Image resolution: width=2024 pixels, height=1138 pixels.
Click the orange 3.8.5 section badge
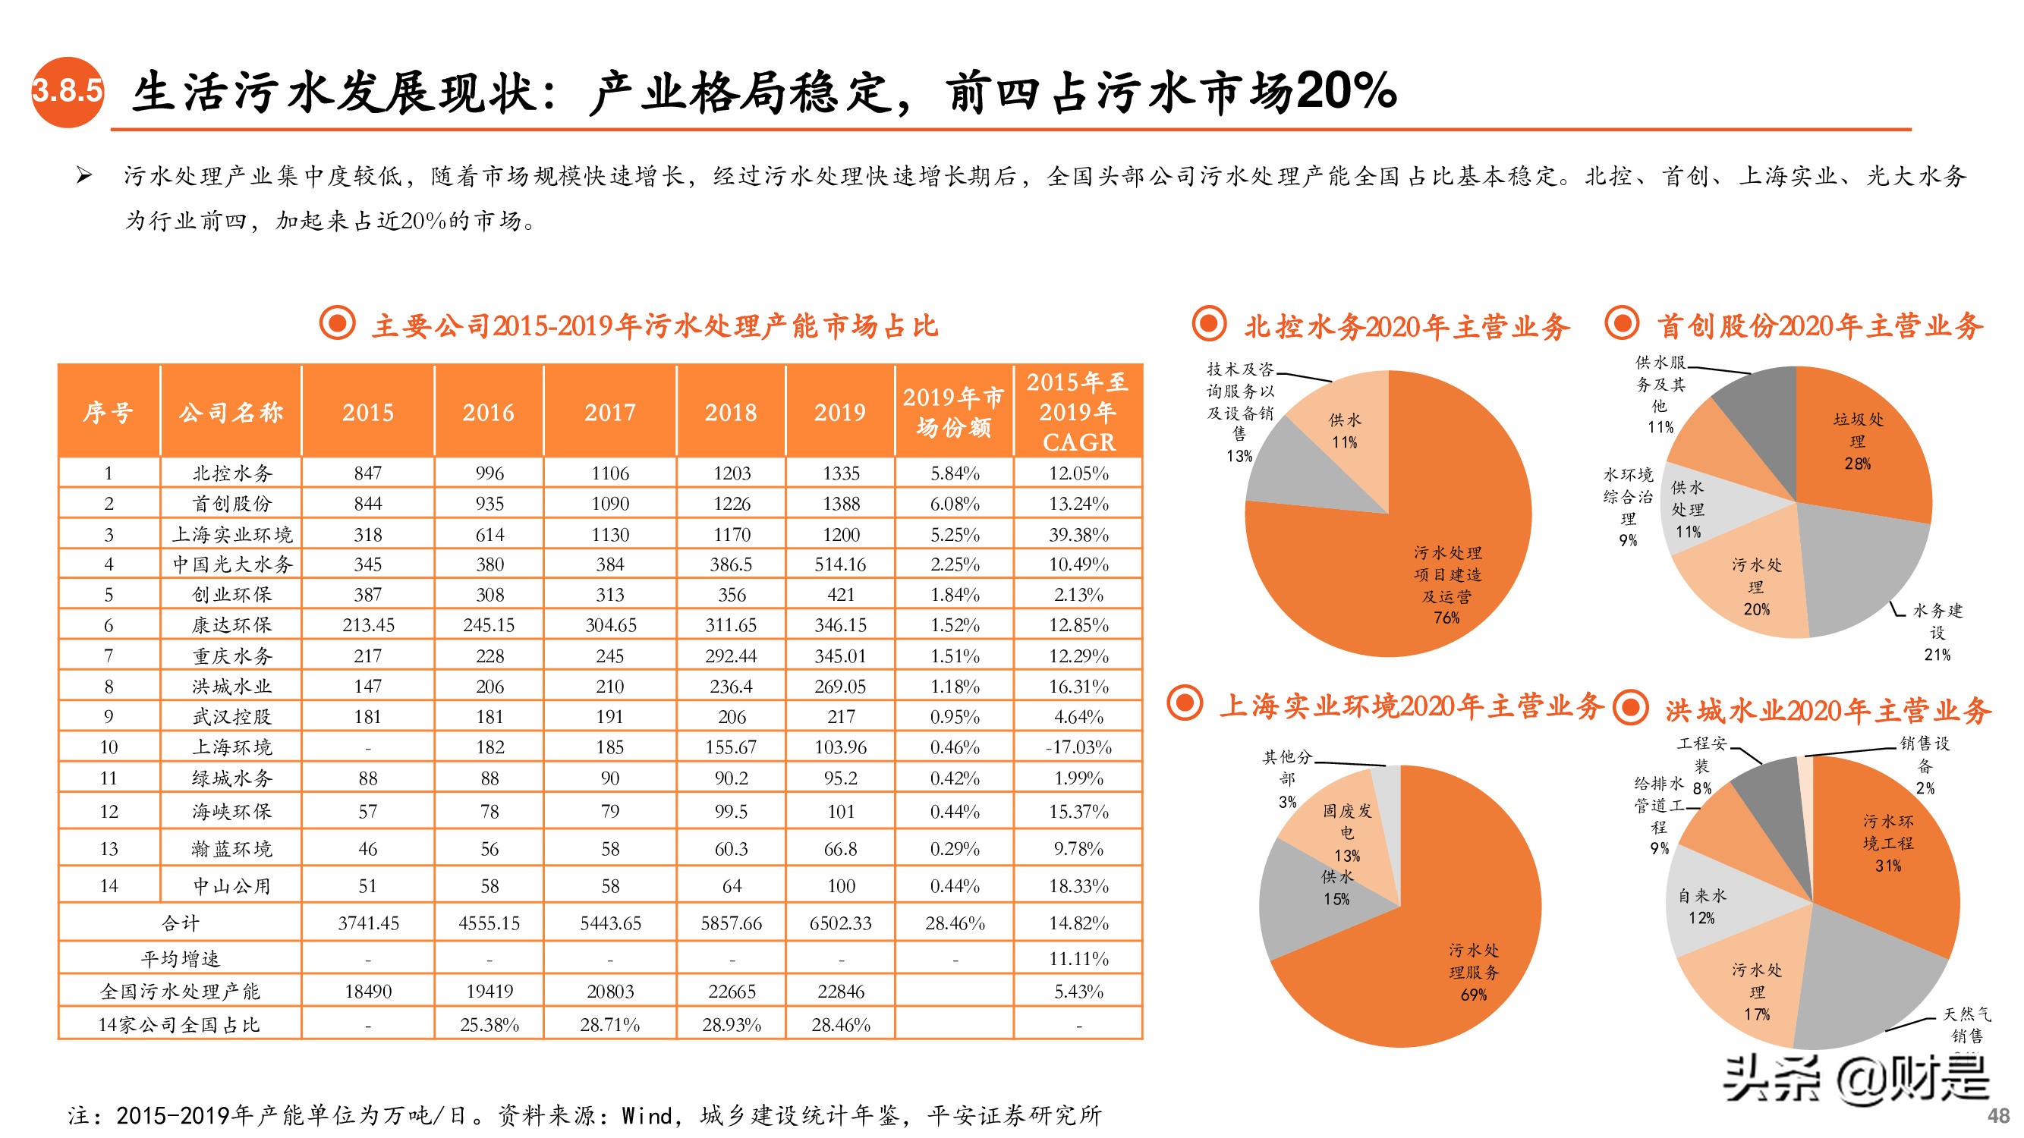68,91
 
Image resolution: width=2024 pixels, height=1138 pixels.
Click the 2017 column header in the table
609,411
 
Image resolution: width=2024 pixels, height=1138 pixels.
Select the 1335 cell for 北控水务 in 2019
841,473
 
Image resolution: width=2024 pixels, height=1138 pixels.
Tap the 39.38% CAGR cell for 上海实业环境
1078,534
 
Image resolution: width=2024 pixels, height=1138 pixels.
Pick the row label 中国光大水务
231,564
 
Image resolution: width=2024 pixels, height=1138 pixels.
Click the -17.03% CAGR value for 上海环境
1078,747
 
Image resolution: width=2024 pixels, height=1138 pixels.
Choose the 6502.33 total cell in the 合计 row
841,923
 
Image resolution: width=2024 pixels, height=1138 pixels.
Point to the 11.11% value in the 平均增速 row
1078,958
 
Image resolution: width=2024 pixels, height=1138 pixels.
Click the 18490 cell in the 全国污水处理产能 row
368,991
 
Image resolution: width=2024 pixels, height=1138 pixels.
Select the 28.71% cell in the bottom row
609,1024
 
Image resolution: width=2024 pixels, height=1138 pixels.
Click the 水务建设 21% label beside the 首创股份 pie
1937,631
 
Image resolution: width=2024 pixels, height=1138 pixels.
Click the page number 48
1999,1115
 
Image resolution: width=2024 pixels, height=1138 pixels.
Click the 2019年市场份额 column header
953,411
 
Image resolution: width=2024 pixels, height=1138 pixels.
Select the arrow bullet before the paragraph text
83,175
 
